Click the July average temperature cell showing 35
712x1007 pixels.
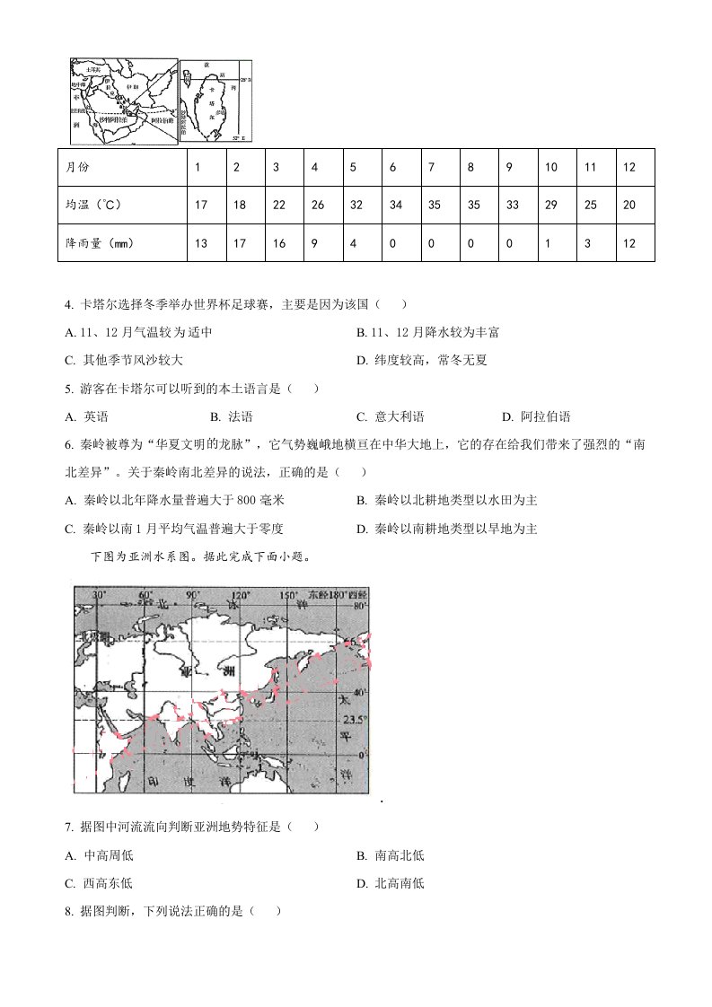coord(434,206)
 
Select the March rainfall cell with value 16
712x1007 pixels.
coord(278,243)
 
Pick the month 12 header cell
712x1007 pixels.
coord(628,168)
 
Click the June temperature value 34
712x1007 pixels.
coord(395,206)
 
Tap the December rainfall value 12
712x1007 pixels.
coord(628,243)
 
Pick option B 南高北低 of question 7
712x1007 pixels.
coord(390,855)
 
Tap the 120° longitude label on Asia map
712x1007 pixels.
coord(240,596)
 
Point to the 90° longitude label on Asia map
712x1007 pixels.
coord(190,596)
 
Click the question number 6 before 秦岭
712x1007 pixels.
coord(68,443)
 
